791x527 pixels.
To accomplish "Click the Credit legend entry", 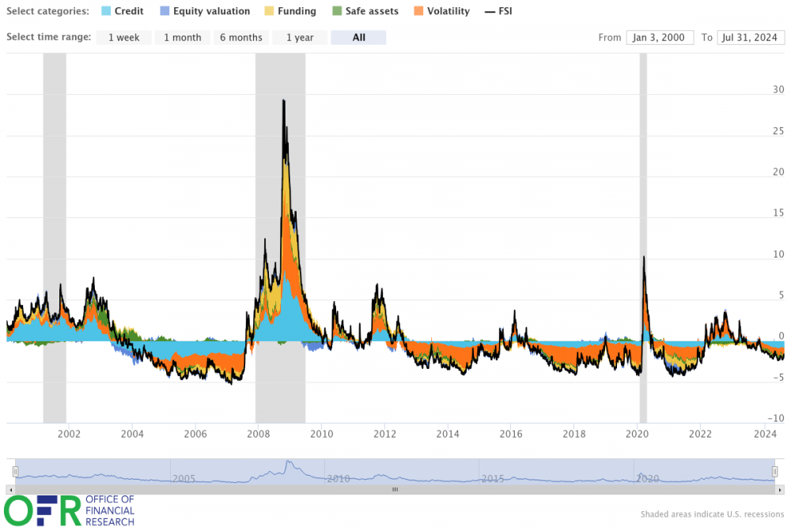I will pos(123,12).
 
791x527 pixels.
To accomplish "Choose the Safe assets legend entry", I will pos(365,12).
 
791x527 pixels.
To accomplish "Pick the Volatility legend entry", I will pos(441,12).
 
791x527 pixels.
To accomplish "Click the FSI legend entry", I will pos(498,12).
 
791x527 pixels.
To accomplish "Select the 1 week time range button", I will pos(124,37).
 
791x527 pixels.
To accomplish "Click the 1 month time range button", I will pos(182,37).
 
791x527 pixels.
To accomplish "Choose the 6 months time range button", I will pos(240,37).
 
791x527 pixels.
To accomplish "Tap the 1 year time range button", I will pos(300,37).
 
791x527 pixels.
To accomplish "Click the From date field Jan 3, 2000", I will pos(660,37).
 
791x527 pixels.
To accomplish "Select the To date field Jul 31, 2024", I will pos(750,37).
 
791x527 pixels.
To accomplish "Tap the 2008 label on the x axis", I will pos(257,434).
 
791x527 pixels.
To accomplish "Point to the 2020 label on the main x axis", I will pos(637,434).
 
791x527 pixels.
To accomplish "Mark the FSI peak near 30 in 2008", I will pos(283,100).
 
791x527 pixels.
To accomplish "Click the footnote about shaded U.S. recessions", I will pos(712,514).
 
